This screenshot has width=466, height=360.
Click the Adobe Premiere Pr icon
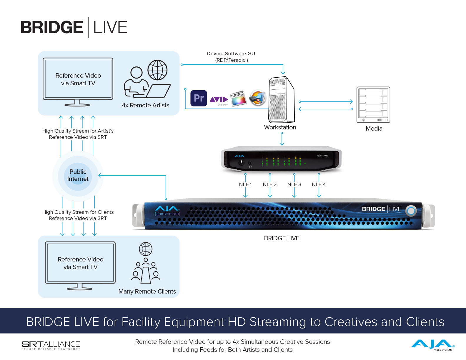coord(199,98)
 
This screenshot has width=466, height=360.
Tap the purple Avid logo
coord(219,100)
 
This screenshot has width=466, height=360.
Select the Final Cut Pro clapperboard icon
coord(238,98)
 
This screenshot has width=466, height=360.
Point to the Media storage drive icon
coord(373,105)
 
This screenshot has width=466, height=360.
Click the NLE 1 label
coord(245,184)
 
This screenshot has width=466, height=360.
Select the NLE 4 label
coord(319,184)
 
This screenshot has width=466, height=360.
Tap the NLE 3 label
coord(294,184)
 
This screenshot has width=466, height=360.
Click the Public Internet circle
coord(78,175)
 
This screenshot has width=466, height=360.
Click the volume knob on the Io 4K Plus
coord(241,162)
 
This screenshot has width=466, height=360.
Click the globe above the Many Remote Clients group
coord(146,249)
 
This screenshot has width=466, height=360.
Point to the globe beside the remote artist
coord(157,70)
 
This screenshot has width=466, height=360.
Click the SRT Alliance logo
coord(51,345)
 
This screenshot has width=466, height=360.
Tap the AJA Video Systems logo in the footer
coord(432,345)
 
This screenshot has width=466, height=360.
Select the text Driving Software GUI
coord(232,54)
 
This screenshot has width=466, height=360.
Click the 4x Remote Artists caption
coord(146,105)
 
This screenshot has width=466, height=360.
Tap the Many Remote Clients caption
coord(147,291)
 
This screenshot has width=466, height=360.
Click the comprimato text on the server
coord(167,214)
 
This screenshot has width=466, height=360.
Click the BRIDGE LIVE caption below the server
coord(282,238)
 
